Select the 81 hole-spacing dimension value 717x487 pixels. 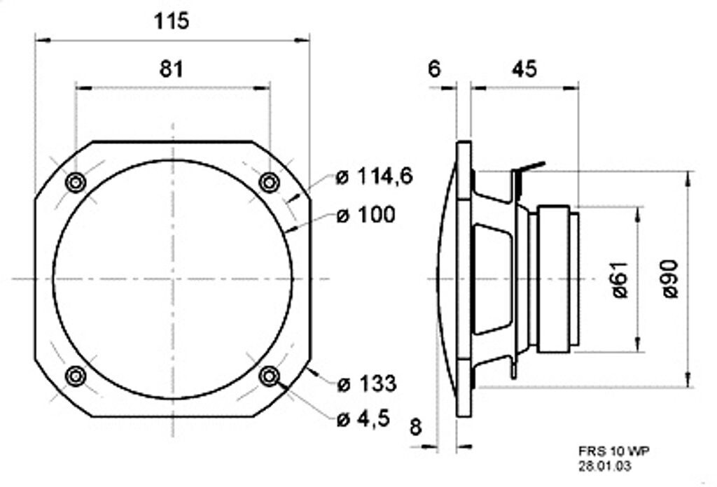[172, 69]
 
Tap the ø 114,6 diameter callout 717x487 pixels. [374, 177]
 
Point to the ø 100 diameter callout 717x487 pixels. [366, 215]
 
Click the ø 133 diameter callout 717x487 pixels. [366, 383]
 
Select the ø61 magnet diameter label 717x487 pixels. [620, 278]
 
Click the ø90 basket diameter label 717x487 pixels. [671, 278]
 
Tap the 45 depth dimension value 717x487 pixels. [524, 69]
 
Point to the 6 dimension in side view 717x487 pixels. [434, 69]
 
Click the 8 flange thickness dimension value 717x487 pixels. [416, 427]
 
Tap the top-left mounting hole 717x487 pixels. [75, 183]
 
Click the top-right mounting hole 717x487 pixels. [269, 183]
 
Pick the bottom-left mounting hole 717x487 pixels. [75, 376]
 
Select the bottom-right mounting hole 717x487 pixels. [269, 376]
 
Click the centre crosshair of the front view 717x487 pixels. [172, 279]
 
